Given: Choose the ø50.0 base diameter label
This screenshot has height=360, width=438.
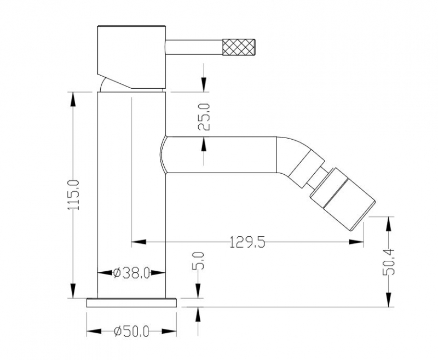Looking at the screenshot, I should tap(131, 332).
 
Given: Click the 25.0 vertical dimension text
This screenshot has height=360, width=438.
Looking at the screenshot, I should tap(204, 115).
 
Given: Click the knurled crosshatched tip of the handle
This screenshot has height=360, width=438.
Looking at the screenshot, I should tap(240, 45).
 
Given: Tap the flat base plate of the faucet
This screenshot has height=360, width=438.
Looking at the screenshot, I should tap(132, 302).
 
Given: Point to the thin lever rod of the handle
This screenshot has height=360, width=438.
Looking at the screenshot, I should tap(194, 45).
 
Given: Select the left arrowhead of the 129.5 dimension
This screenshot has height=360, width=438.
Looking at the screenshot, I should tap(139, 241).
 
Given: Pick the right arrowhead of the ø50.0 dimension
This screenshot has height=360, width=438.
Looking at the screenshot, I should tap(171, 332).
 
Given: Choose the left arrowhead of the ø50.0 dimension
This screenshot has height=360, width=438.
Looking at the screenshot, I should tap(93, 332).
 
